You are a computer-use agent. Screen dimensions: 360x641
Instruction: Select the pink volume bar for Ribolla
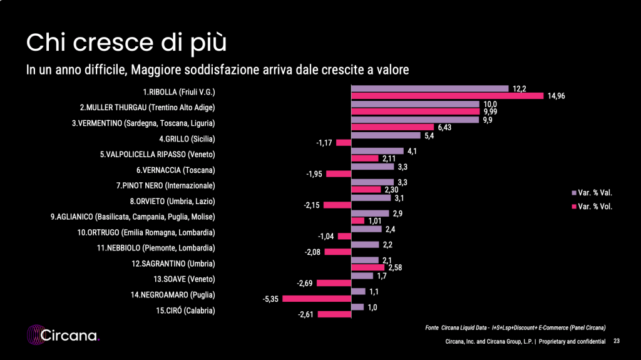click(447, 96)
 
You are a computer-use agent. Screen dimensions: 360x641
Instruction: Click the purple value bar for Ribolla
click(429, 88)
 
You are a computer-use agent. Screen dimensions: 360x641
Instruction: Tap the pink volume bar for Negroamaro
click(316, 299)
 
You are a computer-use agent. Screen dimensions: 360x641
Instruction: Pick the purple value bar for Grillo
click(386, 135)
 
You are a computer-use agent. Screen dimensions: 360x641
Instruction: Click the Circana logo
click(63, 335)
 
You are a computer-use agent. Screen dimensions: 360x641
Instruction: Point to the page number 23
click(617, 341)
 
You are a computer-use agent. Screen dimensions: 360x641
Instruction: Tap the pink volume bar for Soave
click(334, 284)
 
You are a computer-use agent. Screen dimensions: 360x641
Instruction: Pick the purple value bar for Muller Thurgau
click(414, 104)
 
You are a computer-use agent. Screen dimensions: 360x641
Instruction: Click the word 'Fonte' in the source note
click(431, 327)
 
